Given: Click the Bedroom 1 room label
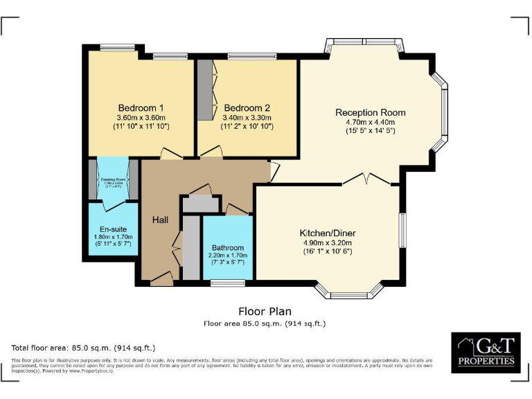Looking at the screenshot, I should pyautogui.click(x=141, y=108).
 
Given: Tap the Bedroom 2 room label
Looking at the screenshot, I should pyautogui.click(x=247, y=108).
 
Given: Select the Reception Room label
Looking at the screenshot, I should pyautogui.click(x=370, y=112).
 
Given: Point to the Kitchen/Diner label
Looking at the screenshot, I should pyautogui.click(x=327, y=233).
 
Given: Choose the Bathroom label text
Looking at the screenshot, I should pyautogui.click(x=228, y=247).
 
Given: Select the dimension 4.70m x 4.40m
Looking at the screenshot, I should pyautogui.click(x=370, y=123).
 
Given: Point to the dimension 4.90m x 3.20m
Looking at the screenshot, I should pyautogui.click(x=327, y=243).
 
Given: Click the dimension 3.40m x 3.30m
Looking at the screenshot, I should pyautogui.click(x=247, y=118).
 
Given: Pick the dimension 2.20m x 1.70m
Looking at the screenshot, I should pyautogui.click(x=228, y=256).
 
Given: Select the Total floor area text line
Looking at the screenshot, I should pyautogui.click(x=83, y=347).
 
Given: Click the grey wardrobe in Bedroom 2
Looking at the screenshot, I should pyautogui.click(x=205, y=91).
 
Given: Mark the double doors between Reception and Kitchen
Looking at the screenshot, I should pyautogui.click(x=368, y=180).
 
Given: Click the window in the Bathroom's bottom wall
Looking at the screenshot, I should pyautogui.click(x=227, y=282).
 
